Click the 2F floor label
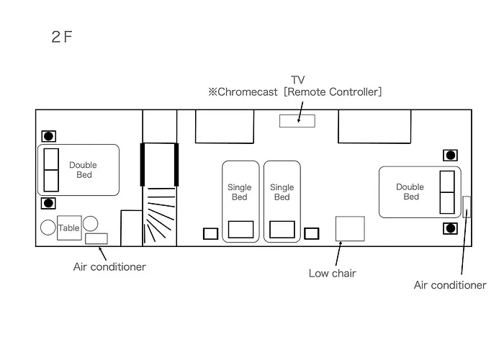click(62, 37)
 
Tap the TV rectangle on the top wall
click(297, 121)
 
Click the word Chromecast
click(247, 92)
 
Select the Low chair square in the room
click(350, 228)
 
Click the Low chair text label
click(333, 273)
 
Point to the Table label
click(69, 228)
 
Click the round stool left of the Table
click(48, 228)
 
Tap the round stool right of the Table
click(90, 223)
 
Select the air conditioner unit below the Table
click(96, 238)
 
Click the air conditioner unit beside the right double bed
click(467, 207)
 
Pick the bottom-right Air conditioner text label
click(450, 285)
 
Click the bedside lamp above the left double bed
click(48, 136)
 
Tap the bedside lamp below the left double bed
click(48, 203)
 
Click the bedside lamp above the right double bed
click(450, 156)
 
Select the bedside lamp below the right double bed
click(450, 228)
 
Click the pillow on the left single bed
click(240, 230)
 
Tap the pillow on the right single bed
click(282, 230)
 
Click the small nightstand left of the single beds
click(210, 234)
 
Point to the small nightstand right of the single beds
click(312, 234)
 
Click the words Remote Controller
click(333, 92)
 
